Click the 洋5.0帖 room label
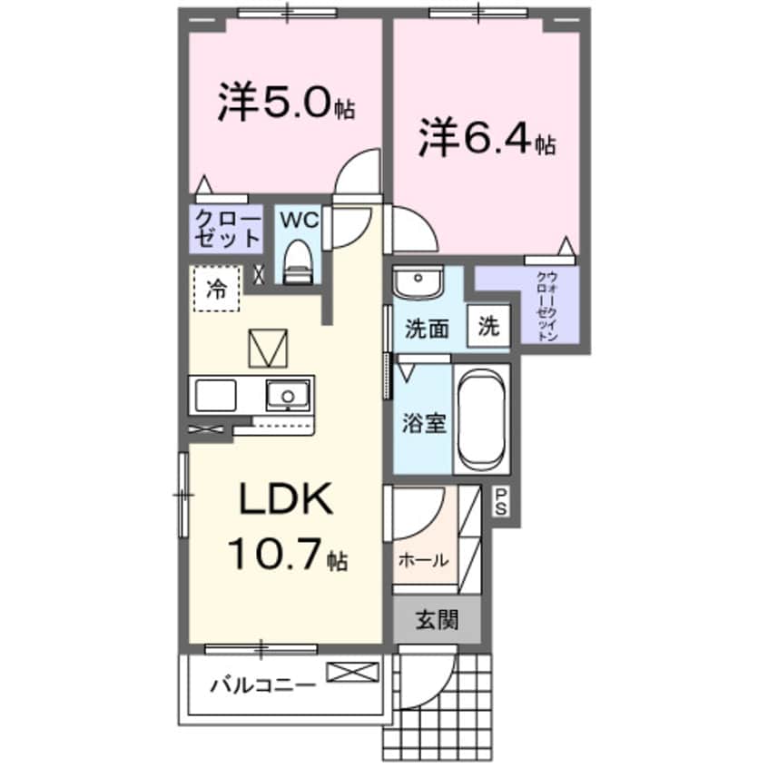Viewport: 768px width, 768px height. [284, 104]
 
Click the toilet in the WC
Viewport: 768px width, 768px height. [296, 264]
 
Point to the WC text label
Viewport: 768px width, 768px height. [296, 220]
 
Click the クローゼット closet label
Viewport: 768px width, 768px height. [225, 229]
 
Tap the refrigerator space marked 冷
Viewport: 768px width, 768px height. [216, 289]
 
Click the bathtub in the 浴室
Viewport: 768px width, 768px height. [481, 418]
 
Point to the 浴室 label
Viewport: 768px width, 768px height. [424, 423]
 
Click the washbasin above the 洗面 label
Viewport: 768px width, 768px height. [418, 282]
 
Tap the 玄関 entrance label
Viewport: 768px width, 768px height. [437, 621]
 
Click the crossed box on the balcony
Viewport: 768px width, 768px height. [350, 673]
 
